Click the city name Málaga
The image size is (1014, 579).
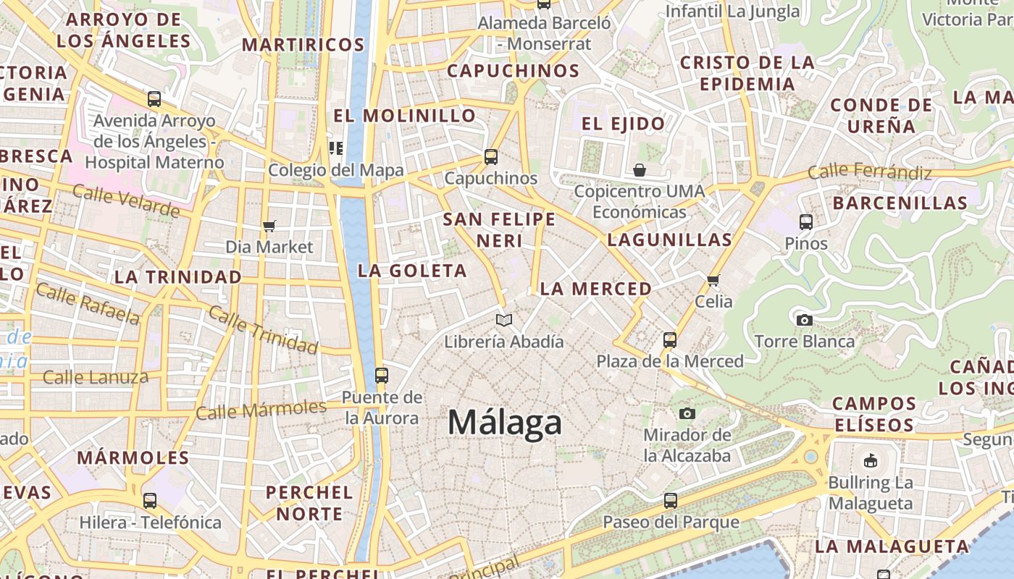point(505,422)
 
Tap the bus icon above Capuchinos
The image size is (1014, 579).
point(491,157)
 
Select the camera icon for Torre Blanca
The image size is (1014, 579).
point(804,320)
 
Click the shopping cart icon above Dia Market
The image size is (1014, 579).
point(269,227)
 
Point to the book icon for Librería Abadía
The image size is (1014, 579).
point(504,320)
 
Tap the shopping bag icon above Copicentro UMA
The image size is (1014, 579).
point(640,170)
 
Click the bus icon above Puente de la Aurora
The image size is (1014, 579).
point(382,376)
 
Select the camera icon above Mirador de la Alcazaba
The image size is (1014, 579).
point(687,413)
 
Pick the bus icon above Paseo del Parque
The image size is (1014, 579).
point(671,500)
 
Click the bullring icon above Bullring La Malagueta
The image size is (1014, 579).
point(871,460)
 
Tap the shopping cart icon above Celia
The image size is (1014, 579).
point(713,280)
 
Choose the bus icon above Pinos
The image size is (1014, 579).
point(806,222)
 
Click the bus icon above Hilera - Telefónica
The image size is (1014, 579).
point(150,500)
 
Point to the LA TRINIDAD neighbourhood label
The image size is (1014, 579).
point(178,276)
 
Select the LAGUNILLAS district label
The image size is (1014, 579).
point(669,240)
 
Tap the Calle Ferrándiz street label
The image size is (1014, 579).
point(869,172)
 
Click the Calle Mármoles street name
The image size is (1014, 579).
point(261,410)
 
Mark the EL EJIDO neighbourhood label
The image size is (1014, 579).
point(624,124)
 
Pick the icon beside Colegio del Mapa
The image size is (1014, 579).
point(336,148)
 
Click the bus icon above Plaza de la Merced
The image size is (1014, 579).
point(670,339)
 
